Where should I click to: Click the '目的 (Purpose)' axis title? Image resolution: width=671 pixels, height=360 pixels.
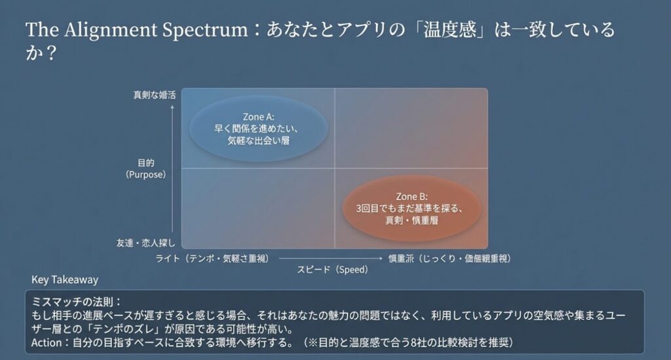(x=145, y=169)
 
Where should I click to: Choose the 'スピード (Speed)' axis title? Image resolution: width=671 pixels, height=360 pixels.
(x=333, y=270)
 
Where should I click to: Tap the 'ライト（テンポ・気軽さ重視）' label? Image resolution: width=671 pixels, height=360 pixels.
(x=212, y=258)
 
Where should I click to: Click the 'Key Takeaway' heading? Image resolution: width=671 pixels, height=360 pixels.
(x=65, y=280)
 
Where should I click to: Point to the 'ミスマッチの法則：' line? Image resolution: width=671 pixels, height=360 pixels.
(x=77, y=302)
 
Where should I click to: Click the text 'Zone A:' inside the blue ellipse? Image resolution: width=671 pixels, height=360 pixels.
(x=258, y=117)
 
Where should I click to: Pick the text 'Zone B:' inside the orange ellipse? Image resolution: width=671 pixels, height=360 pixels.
(x=412, y=196)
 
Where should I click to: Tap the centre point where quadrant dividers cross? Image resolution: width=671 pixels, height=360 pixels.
(x=335, y=169)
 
